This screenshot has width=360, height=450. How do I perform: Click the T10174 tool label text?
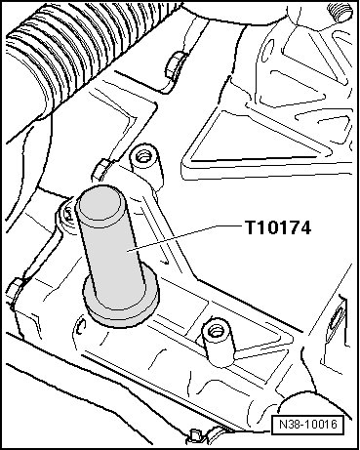point(278,227)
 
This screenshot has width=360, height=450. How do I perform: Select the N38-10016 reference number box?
point(308,425)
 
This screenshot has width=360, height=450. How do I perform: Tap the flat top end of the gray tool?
point(99,204)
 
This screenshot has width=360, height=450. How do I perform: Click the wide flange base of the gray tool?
point(121,301)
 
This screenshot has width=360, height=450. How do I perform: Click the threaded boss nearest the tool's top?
point(147,165)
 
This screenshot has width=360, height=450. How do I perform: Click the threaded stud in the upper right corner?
point(339,11)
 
